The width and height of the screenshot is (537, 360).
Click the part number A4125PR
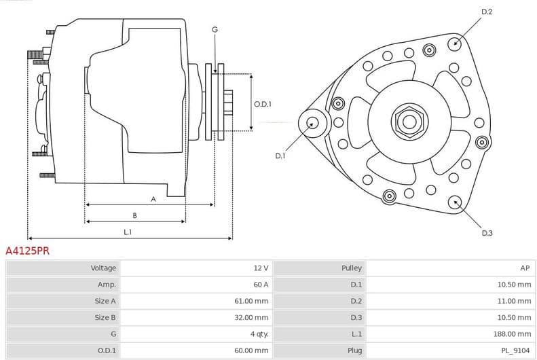tap(27, 251)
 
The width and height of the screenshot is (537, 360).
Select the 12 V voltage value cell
tap(261, 268)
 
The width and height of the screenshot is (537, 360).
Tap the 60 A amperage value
tap(261, 285)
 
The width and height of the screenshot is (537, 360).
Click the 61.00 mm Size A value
tap(252, 301)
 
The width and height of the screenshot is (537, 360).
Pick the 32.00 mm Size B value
tap(252, 317)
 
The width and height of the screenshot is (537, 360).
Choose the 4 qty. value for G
tap(259, 334)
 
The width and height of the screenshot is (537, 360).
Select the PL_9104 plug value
tap(517, 350)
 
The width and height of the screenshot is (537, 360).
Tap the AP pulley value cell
tap(525, 268)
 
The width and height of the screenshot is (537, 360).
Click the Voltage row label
tap(103, 268)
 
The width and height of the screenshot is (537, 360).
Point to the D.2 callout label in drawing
tap(486, 12)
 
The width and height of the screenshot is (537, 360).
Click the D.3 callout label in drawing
tap(487, 233)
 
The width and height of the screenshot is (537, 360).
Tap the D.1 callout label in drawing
tap(280, 156)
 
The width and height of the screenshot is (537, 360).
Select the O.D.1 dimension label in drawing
tap(263, 104)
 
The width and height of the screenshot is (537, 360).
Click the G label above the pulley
tap(215, 29)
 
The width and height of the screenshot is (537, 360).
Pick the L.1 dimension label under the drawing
tap(127, 232)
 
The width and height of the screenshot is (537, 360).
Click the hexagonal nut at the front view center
tap(409, 122)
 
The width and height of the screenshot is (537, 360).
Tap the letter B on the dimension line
tap(134, 215)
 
